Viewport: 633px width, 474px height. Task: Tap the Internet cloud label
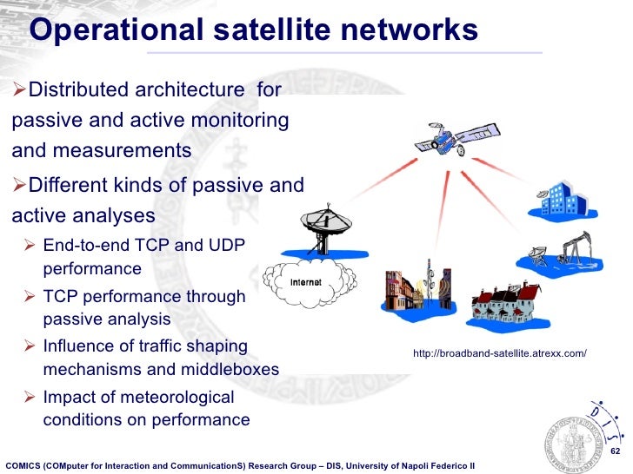(x=305, y=283)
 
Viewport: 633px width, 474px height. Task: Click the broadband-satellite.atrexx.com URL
(x=500, y=353)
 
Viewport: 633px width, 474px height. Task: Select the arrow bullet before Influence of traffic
(x=31, y=347)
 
